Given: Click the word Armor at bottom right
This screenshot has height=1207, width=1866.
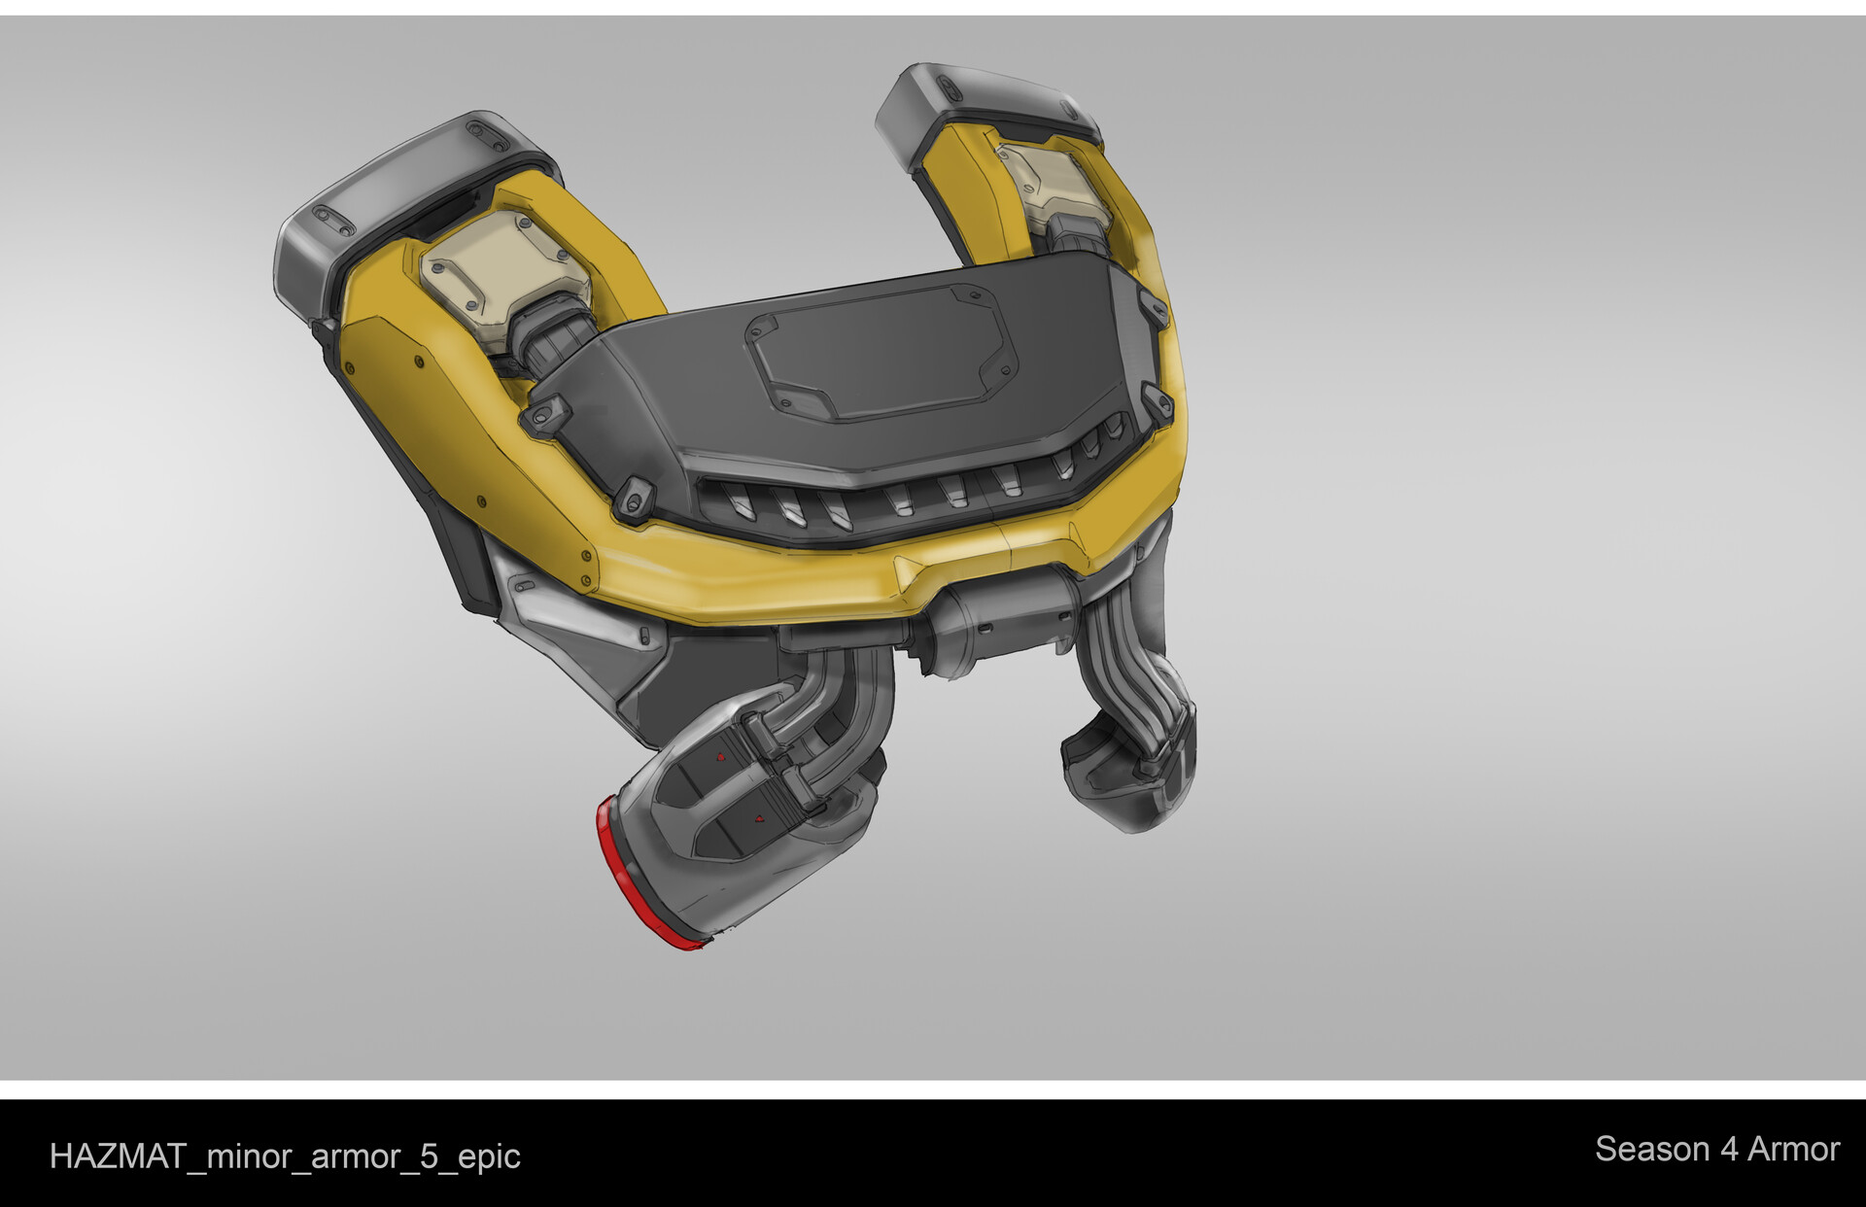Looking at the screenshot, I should point(1793,1150).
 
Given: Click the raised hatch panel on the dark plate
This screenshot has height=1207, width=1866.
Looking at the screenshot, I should point(880,355).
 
